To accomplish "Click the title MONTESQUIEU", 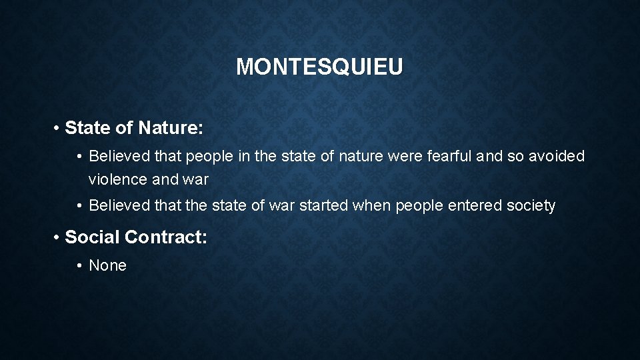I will click(319, 67).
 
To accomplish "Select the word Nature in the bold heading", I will click(171, 127).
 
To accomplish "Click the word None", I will click(107, 265).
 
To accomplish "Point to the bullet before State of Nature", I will click(58, 128).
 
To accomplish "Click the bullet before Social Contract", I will click(58, 237).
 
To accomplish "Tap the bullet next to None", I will click(79, 266).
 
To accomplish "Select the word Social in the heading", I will click(92, 237).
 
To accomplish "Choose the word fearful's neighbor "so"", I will click(516, 157).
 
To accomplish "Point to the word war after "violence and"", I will click(195, 179).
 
